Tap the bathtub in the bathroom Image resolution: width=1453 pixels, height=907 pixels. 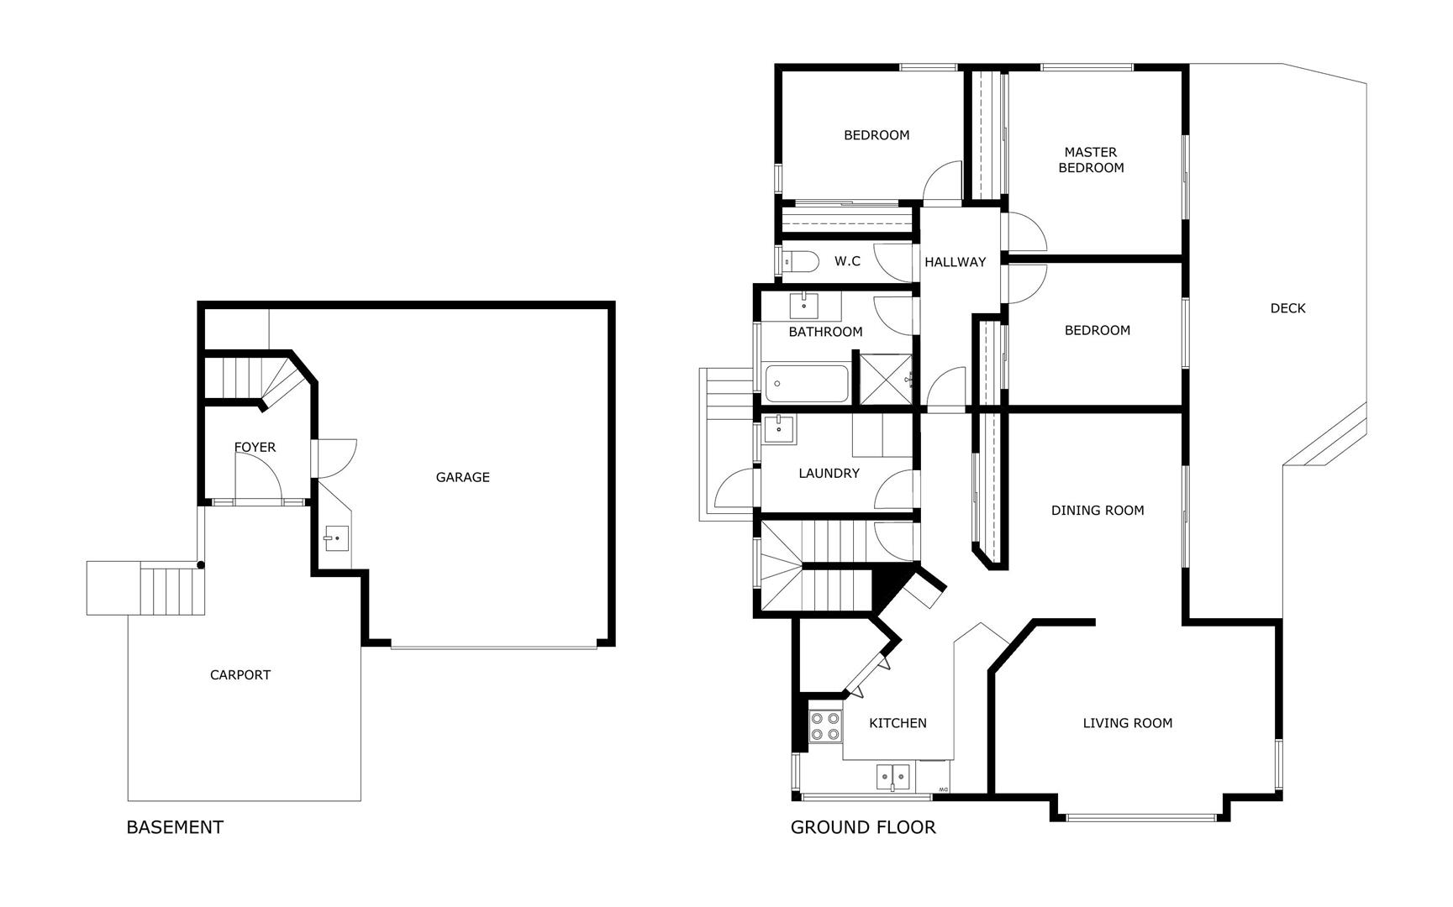[807, 384]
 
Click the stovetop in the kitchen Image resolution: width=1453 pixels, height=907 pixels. [825, 726]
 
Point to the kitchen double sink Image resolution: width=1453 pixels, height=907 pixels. [893, 778]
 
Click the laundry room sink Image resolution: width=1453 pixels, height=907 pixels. [780, 429]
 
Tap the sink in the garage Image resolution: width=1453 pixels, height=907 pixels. [337, 538]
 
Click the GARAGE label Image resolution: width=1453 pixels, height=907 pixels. [462, 477]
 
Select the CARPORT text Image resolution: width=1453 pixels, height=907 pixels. [240, 674]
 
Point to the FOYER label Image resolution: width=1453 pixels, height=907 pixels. [255, 447]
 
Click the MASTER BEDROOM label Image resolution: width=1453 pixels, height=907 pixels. [1091, 160]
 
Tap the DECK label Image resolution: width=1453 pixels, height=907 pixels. [1287, 308]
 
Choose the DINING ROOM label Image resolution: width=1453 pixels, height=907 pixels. [1098, 510]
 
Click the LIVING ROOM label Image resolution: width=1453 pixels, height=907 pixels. [1127, 723]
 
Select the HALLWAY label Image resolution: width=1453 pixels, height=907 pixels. [955, 262]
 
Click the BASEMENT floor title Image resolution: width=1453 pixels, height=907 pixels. [175, 827]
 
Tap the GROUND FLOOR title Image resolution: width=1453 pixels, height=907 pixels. [863, 827]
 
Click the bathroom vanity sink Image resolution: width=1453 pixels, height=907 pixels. [804, 304]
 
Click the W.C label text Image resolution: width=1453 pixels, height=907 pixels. [847, 261]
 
